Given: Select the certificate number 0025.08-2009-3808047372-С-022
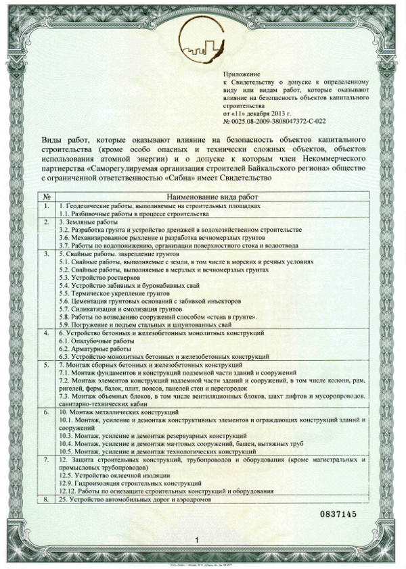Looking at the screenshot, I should click(279, 120).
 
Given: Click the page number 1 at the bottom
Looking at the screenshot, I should click(196, 541).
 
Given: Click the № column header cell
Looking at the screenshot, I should click(46, 196).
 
